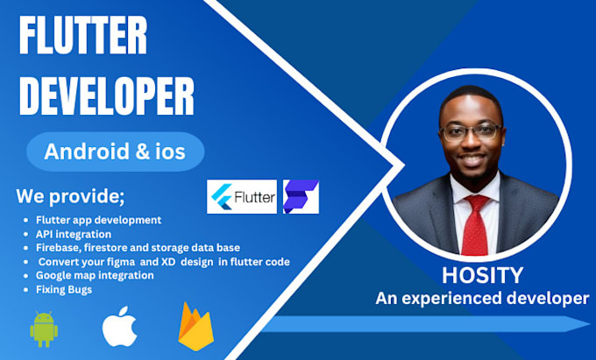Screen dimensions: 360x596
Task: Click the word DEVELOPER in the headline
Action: [x=107, y=97]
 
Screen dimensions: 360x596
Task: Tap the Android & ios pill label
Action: [x=115, y=152]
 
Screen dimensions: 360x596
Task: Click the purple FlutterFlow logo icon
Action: [x=301, y=198]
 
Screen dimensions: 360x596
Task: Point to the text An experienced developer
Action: [x=482, y=299]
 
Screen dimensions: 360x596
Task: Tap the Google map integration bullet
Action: [x=96, y=275]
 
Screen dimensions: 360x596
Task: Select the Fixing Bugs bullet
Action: [x=63, y=289]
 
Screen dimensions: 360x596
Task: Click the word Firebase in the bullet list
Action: [x=60, y=248]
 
